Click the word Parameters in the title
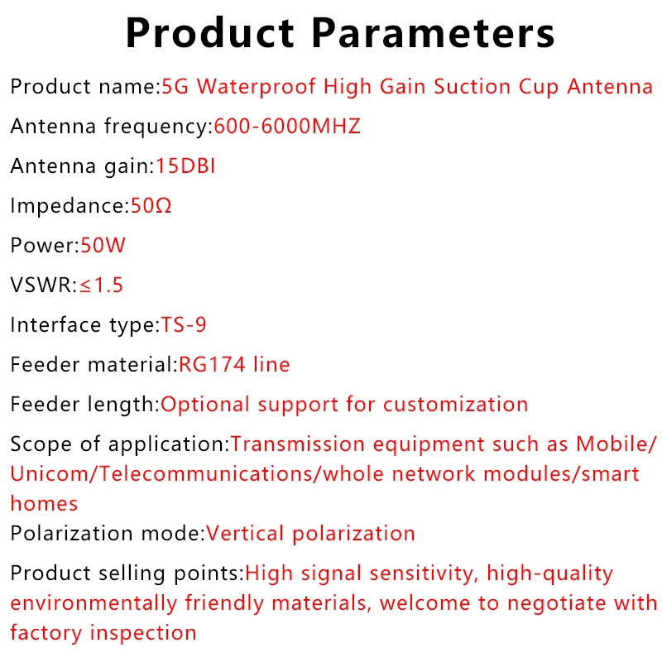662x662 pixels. (433, 33)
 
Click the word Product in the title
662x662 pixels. (209, 33)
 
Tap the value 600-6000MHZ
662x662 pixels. (287, 127)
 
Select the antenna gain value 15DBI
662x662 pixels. (185, 166)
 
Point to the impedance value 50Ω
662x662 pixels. (151, 205)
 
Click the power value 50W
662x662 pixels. (103, 245)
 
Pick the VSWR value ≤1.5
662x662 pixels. (101, 285)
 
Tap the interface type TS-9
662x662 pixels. (183, 324)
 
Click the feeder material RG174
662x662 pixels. (212, 364)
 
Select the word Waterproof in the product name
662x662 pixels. (257, 87)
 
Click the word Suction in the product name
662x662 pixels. (473, 87)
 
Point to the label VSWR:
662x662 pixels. (44, 285)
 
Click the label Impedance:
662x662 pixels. (70, 206)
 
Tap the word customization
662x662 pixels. (456, 405)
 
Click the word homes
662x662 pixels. (44, 503)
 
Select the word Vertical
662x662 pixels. (245, 533)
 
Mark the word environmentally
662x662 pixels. (94, 603)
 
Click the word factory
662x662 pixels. (46, 633)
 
